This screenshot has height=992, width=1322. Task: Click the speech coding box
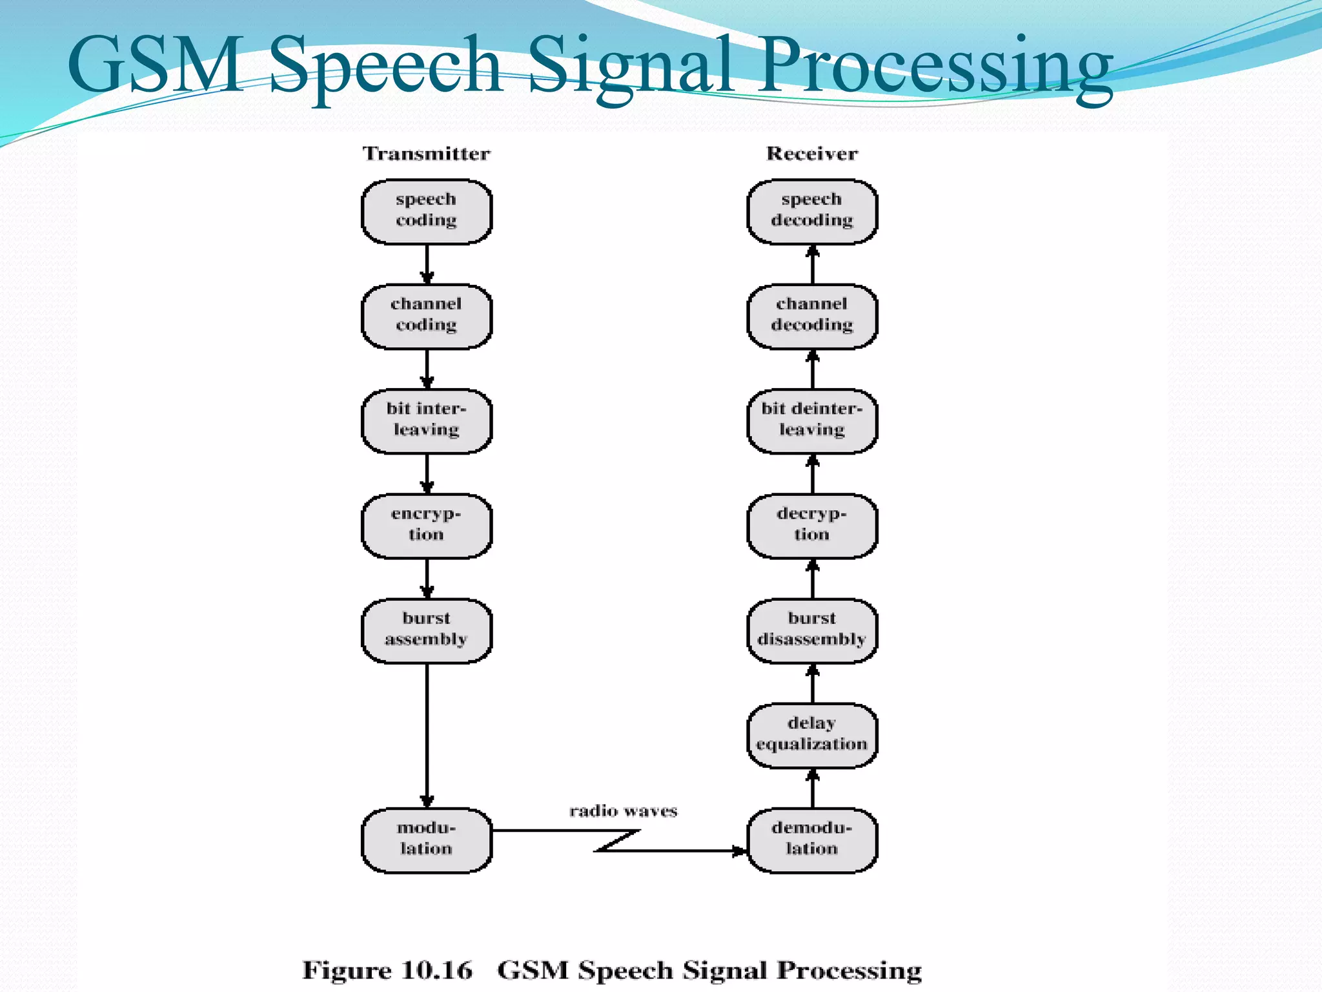coord(426,211)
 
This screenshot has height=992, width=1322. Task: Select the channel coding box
coord(426,316)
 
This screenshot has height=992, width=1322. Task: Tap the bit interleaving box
coord(426,420)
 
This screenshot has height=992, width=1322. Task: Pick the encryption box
coord(426,525)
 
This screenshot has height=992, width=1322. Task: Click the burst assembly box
coord(426,630)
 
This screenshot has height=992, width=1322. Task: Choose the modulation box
coord(426,840)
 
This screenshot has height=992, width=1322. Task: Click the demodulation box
coord(812,840)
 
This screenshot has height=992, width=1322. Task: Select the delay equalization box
coord(812,735)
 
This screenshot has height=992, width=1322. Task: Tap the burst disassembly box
coord(812,630)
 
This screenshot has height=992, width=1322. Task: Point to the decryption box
coord(812,525)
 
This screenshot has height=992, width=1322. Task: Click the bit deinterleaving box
coord(812,420)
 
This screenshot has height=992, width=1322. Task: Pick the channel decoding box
coord(812,316)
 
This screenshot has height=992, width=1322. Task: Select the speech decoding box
coord(812,211)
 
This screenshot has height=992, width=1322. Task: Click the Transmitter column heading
coord(426,154)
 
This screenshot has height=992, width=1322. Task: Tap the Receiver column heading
coord(812,154)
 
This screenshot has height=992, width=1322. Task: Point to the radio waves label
coord(623,811)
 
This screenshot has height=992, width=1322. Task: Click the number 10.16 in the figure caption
coord(437,970)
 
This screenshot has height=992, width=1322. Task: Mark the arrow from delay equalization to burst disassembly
coord(813,683)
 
